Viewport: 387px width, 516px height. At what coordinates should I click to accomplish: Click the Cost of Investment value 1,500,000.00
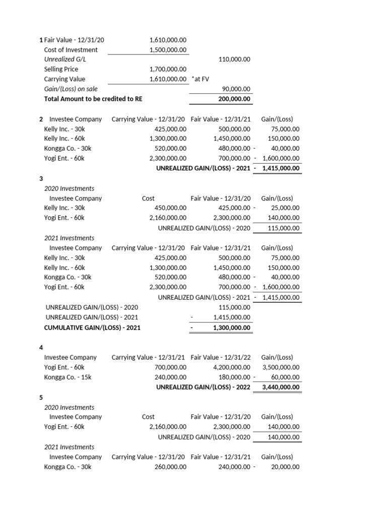(168, 49)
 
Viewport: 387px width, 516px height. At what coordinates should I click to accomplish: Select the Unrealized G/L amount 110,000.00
(234, 59)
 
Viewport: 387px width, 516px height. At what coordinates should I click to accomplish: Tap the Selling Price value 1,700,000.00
(168, 69)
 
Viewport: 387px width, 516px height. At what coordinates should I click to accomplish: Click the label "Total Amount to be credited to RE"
(93, 99)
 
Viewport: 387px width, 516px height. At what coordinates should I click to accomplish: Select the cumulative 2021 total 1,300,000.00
(232, 328)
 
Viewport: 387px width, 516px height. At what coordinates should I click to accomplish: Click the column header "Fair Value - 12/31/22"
(221, 357)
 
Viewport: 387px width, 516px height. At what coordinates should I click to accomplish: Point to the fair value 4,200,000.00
(231, 367)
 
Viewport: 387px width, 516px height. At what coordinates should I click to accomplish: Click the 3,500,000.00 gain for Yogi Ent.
(281, 367)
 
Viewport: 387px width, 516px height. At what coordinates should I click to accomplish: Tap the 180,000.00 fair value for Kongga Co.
(233, 377)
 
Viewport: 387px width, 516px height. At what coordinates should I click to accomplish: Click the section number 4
(41, 347)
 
